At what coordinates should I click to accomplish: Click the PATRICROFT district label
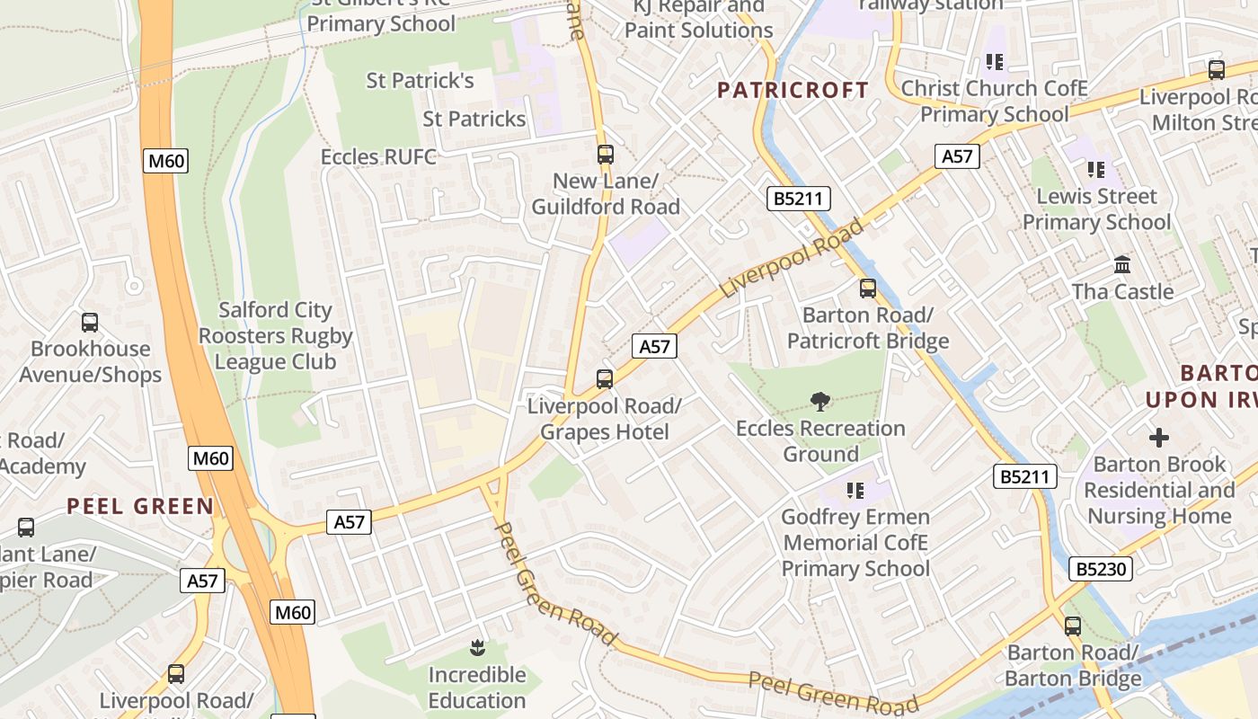793,90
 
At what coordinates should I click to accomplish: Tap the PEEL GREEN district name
140,506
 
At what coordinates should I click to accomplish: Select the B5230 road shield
1100,568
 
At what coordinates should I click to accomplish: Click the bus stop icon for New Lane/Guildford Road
605,154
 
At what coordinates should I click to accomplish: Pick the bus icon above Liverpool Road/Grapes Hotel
605,378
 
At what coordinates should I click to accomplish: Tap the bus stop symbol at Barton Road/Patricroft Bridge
867,288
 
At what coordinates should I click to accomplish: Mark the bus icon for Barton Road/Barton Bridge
1072,626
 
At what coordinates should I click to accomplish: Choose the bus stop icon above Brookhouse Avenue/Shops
90,323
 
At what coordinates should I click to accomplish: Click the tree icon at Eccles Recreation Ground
819,402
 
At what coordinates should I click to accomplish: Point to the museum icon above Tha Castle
1122,265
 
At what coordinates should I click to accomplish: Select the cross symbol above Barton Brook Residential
1159,438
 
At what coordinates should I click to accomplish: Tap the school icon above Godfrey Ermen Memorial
855,491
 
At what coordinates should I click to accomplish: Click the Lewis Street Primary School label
1096,209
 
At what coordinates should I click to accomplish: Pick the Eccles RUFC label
378,157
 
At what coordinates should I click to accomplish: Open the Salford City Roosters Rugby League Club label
276,336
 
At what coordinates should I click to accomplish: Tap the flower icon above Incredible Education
476,647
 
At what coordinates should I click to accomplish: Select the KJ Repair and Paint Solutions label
698,18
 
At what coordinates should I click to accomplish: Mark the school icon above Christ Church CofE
994,62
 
